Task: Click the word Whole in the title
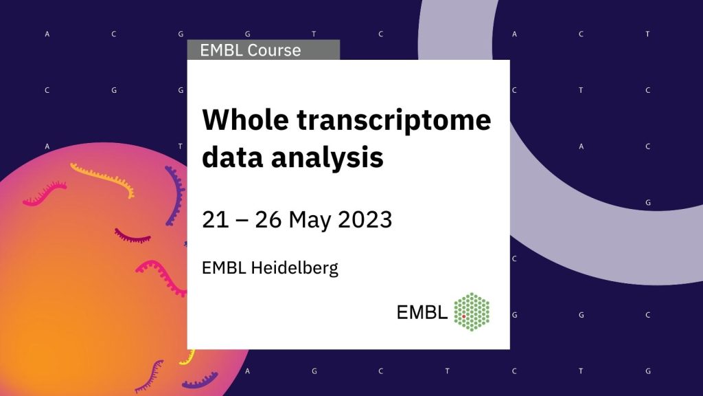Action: pyautogui.click(x=245, y=120)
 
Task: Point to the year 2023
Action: pyautogui.click(x=365, y=219)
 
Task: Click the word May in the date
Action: pyautogui.click(x=310, y=221)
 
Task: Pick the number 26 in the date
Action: pyautogui.click(x=268, y=219)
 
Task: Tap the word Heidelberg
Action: pyautogui.click(x=295, y=268)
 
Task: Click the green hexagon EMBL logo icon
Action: pyautogui.click(x=472, y=312)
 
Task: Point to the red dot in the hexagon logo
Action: pyautogui.click(x=463, y=316)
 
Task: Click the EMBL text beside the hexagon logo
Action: pyautogui.click(x=422, y=312)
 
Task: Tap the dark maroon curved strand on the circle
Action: pyautogui.click(x=132, y=236)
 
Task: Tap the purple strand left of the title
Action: pyautogui.click(x=176, y=195)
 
